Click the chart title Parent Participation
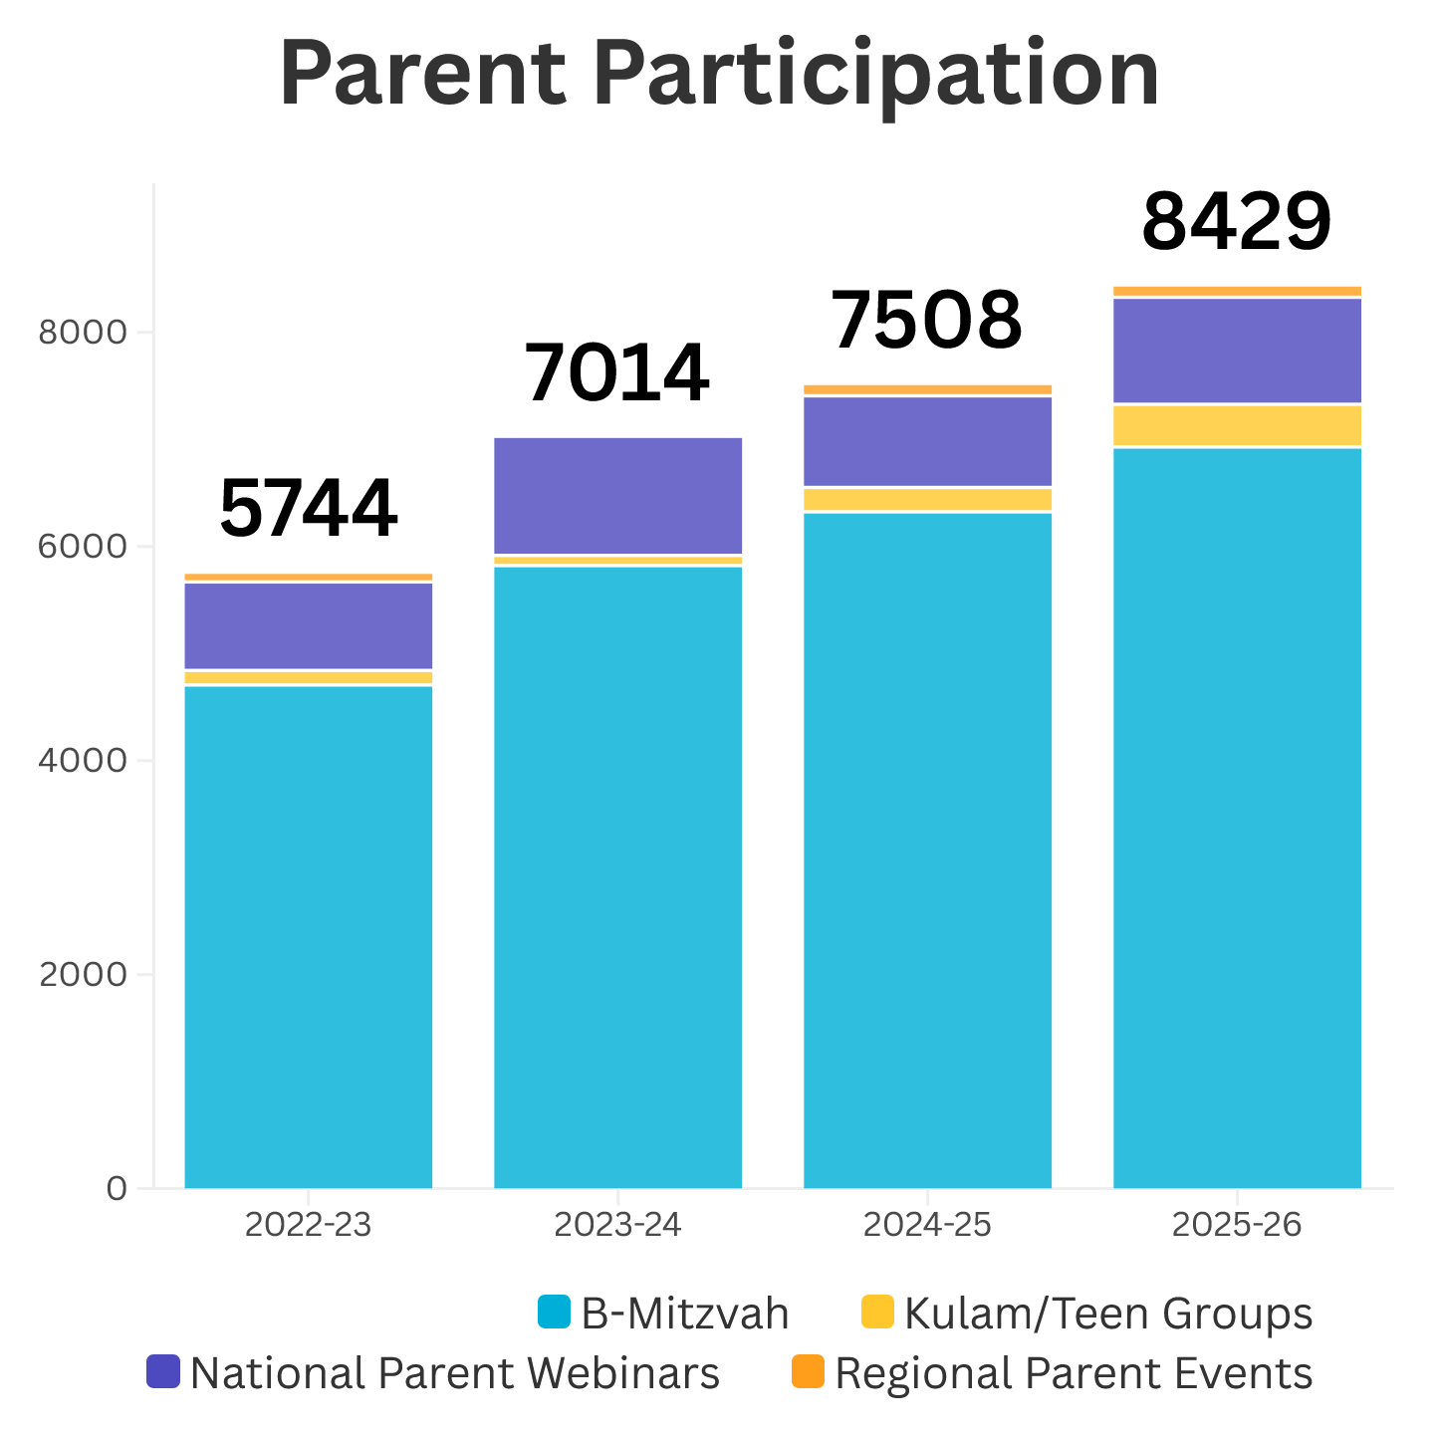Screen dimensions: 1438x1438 [719, 75]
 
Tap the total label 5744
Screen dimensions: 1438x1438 [309, 509]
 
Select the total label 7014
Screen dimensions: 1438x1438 [617, 373]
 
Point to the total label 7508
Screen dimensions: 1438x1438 [927, 321]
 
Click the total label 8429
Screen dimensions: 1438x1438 [1236, 222]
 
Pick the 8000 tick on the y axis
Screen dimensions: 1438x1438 [83, 332]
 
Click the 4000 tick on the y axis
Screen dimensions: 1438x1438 [83, 760]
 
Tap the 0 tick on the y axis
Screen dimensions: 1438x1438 [117, 1188]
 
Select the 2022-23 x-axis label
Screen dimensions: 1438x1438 [309, 1224]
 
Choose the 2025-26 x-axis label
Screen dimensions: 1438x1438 [1236, 1224]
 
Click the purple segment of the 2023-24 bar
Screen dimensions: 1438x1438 [617, 495]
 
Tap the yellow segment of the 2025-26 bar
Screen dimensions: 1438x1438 [1237, 425]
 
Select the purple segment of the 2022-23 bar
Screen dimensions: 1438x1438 [309, 625]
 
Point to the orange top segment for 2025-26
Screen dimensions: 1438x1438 [1237, 291]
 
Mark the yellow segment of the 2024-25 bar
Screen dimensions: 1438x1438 [927, 499]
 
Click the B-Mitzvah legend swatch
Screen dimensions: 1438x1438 [554, 1312]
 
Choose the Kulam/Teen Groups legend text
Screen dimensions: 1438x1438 [1108, 1314]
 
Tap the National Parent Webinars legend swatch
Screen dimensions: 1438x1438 [162, 1371]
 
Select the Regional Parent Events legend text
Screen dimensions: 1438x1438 [1074, 1373]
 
